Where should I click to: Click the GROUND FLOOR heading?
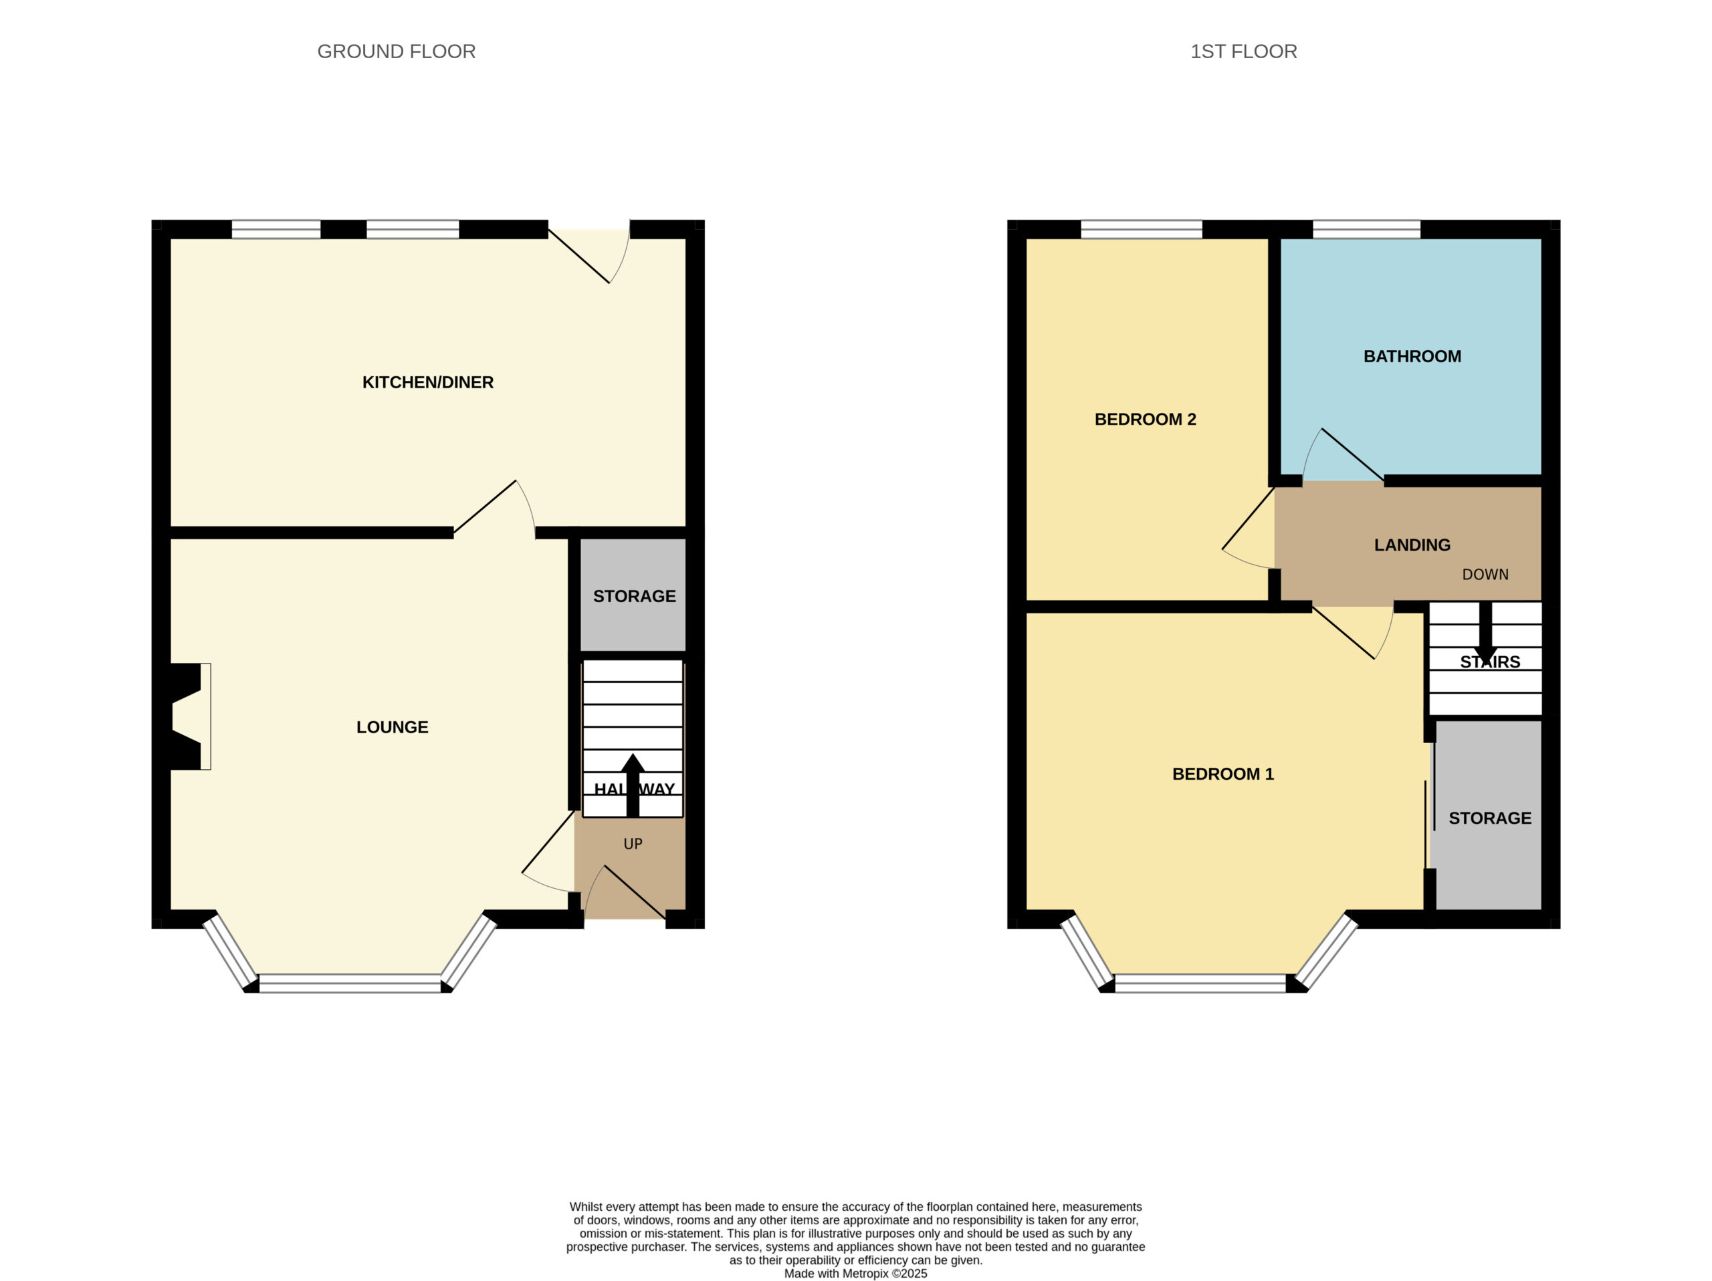click(x=397, y=52)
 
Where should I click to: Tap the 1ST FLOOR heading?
click(x=1243, y=52)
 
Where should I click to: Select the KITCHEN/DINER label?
click(x=428, y=382)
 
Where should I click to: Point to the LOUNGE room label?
click(x=393, y=727)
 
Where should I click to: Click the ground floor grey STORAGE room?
click(x=633, y=595)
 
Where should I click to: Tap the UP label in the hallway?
click(x=633, y=844)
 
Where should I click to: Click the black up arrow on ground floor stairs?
click(x=633, y=785)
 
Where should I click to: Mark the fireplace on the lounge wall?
click(x=186, y=716)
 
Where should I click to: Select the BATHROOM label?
click(x=1412, y=357)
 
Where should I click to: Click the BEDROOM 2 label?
click(x=1146, y=419)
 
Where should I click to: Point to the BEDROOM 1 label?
click(x=1223, y=774)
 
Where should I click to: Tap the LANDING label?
click(x=1412, y=545)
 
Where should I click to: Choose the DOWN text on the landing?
click(x=1485, y=574)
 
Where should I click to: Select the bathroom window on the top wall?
click(x=1367, y=229)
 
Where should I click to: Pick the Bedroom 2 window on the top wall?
click(x=1142, y=229)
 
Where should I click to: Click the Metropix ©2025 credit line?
click(x=855, y=1273)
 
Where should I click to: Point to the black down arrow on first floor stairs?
click(x=1485, y=633)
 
